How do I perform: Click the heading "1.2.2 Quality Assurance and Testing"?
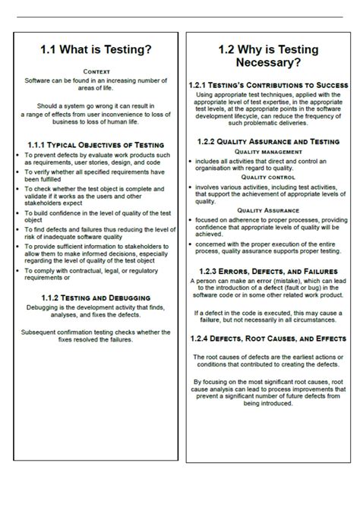point(269,141)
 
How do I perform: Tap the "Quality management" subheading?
point(269,152)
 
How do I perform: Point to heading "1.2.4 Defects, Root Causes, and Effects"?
point(269,338)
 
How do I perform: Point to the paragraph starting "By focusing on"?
point(269,393)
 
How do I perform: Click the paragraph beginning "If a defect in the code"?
point(269,316)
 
